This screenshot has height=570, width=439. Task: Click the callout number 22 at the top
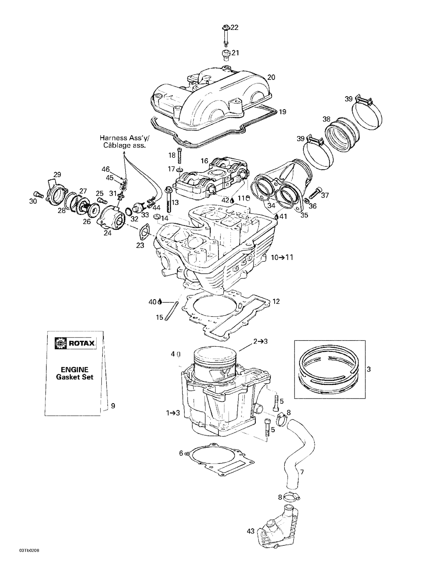pyautogui.click(x=234, y=28)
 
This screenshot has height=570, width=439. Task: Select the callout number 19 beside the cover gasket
pyautogui.click(x=282, y=112)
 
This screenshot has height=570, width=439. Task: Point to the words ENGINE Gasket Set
pyautogui.click(x=74, y=373)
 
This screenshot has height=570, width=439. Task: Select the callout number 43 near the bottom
pyautogui.click(x=251, y=531)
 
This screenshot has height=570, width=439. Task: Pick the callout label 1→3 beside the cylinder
pyautogui.click(x=173, y=413)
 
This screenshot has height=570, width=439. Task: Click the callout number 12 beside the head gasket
pyautogui.click(x=276, y=301)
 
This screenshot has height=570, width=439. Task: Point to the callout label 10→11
pyautogui.click(x=282, y=258)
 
